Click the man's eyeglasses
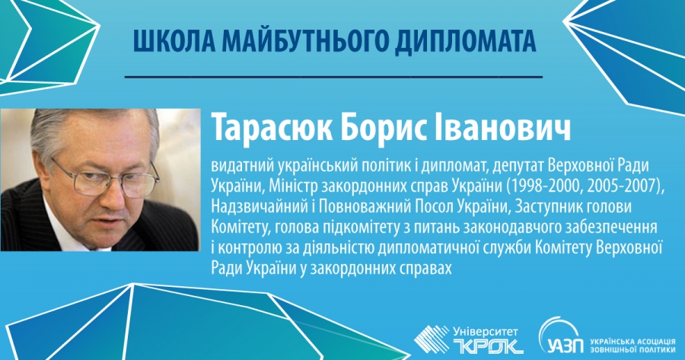pos(104,176)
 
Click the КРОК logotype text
pos(489,346)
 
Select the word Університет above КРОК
pos(486,332)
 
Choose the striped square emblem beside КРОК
pos(432,339)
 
